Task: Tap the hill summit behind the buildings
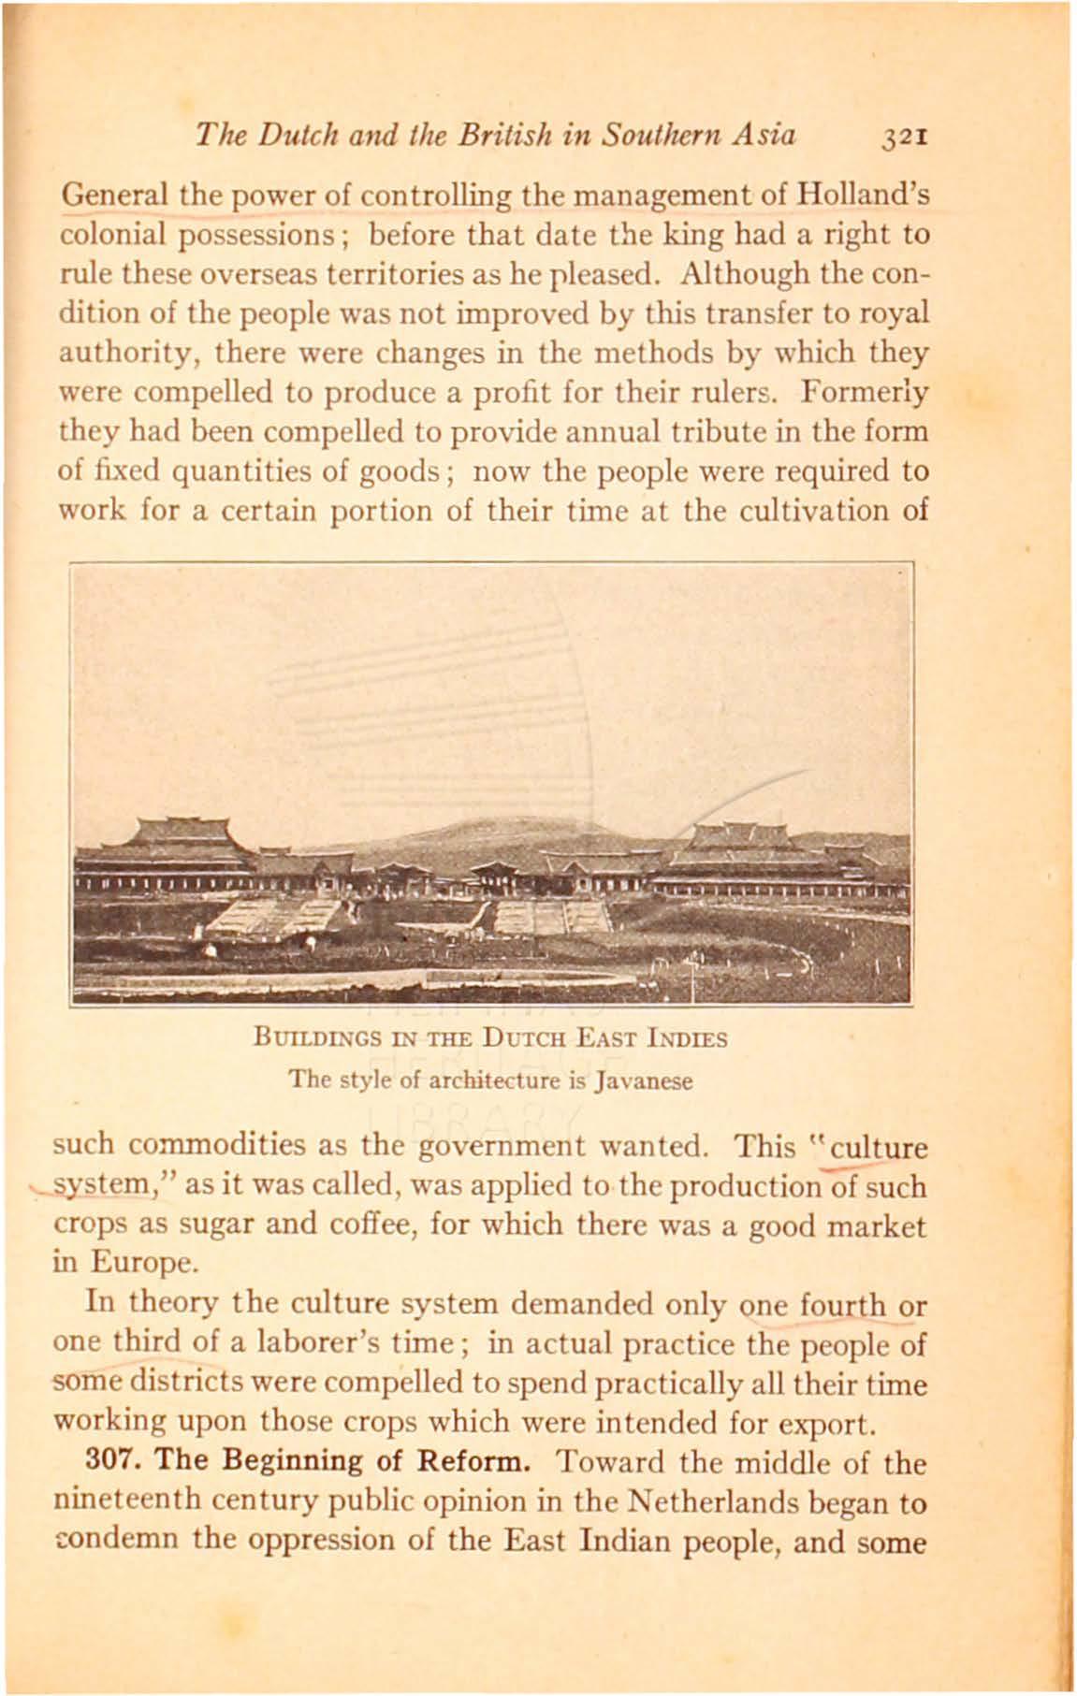coord(487,823)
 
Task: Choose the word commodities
coord(211,1145)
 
